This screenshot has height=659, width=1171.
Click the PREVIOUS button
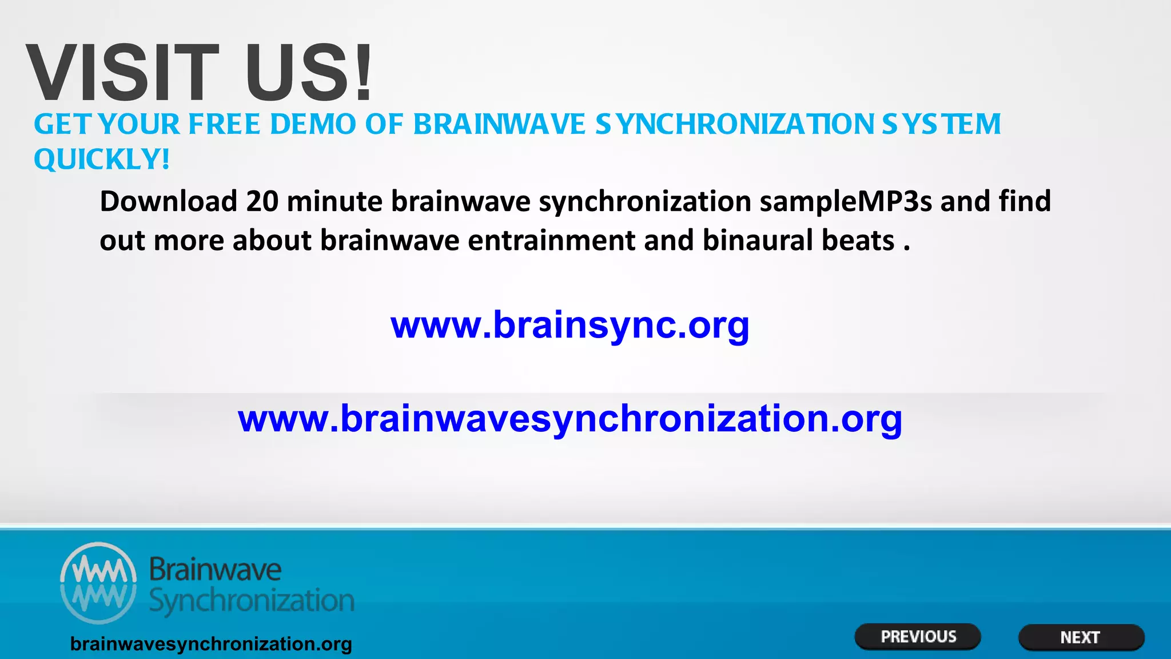918,637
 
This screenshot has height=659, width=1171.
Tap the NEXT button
1081,637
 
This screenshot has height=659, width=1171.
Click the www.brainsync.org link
569,325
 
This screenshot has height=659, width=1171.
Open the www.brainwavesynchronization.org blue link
570,419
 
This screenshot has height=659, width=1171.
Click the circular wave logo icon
98,582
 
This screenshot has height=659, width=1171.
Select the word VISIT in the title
122,73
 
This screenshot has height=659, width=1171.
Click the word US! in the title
309,73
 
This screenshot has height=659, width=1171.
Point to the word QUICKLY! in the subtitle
102,159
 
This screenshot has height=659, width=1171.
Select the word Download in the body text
169,201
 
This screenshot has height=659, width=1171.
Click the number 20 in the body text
262,201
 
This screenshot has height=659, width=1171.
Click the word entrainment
551,240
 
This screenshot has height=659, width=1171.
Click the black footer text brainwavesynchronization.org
211,644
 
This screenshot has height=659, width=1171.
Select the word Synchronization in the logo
252,601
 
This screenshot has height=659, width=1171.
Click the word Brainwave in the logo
215,570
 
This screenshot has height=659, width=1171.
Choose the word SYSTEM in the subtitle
941,124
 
